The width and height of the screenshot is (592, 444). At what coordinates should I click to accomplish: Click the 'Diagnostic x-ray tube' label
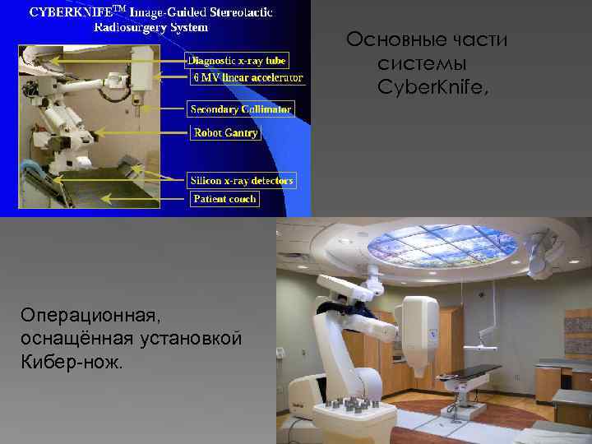[x=237, y=60]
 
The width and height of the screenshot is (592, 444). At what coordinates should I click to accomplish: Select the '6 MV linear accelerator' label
[x=247, y=78]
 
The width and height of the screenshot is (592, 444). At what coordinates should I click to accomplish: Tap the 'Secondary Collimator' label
[x=241, y=109]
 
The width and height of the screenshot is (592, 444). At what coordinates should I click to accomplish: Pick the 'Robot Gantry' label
[x=225, y=132]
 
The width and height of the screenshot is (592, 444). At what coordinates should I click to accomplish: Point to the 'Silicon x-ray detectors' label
[x=241, y=180]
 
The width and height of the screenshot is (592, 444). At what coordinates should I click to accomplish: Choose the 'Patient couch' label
[x=224, y=199]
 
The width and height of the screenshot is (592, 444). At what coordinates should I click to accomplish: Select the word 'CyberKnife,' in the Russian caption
[x=432, y=85]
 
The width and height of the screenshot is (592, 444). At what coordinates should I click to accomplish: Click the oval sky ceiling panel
[x=442, y=243]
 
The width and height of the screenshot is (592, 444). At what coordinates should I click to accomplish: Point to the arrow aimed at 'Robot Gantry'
[x=169, y=132]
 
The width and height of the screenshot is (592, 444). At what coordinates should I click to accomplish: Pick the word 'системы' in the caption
[x=422, y=62]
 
